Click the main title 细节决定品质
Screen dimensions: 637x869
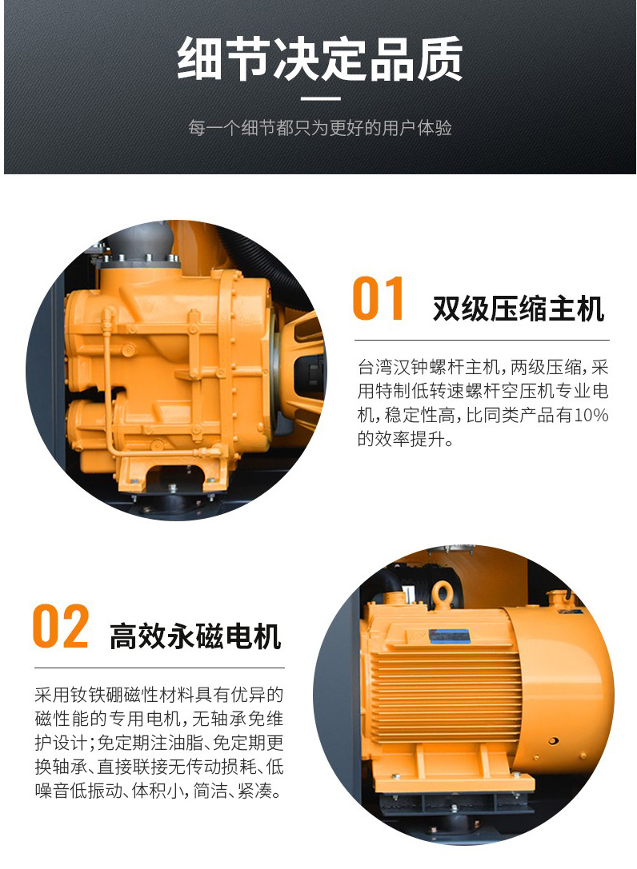(x=319, y=59)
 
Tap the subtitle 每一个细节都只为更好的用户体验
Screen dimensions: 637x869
(x=319, y=128)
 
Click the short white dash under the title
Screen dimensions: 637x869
(x=320, y=99)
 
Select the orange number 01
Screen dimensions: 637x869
(x=378, y=299)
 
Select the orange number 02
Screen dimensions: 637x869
(x=61, y=626)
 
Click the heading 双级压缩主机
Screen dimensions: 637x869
(x=519, y=309)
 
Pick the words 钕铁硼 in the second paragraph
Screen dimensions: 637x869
(x=88, y=695)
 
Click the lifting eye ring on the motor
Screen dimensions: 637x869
(x=442, y=594)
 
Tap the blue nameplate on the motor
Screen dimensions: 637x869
(x=450, y=636)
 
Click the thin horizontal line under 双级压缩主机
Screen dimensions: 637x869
(x=482, y=340)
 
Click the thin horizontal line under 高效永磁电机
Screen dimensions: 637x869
(x=159, y=668)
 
